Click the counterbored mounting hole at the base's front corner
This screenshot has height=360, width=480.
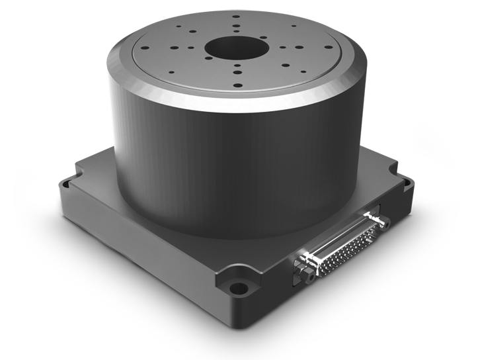tap(235, 289)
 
